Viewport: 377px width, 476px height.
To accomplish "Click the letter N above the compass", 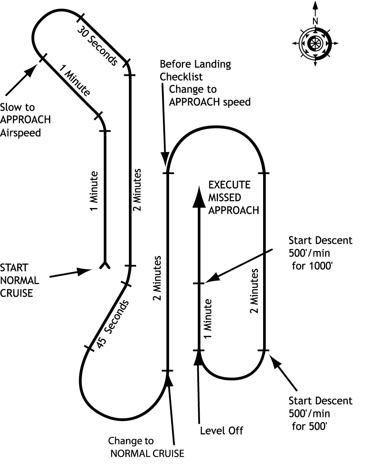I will (315, 21).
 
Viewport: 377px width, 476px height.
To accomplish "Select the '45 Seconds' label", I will (113, 325).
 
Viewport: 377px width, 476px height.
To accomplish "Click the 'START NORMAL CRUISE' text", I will (19, 280).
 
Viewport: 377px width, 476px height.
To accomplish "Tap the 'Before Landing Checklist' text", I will (195, 70).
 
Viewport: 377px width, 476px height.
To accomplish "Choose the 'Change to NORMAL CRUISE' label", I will (146, 447).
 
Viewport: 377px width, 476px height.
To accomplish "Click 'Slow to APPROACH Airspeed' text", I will (25, 119).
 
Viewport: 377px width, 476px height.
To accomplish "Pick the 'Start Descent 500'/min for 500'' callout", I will (320, 413).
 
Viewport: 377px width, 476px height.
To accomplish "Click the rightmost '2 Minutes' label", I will (255, 291).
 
